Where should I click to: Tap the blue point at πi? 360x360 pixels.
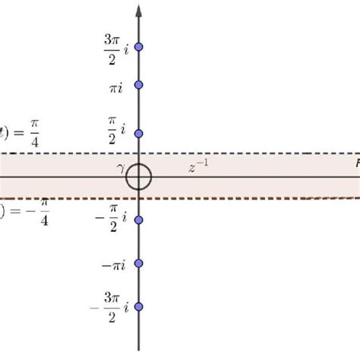pos(138,84)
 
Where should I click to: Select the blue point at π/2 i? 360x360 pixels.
pos(138,134)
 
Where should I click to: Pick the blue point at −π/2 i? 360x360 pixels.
pos(138,219)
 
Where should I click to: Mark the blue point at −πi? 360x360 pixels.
pos(138,264)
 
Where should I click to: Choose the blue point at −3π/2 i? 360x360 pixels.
pos(138,306)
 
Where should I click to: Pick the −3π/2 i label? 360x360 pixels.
pos(110,306)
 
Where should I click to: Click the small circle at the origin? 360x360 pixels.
pos(138,178)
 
